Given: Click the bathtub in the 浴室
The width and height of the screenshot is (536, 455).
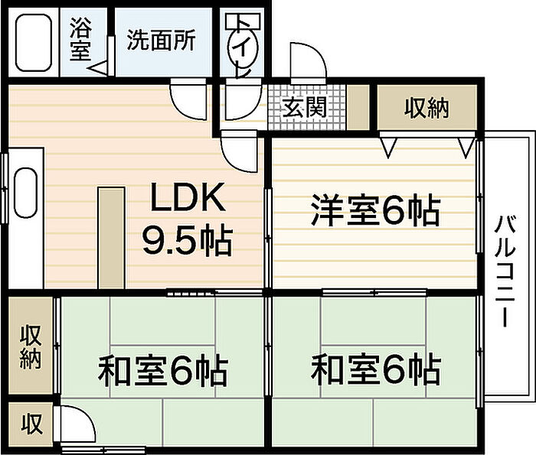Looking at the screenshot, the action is (x=34, y=43).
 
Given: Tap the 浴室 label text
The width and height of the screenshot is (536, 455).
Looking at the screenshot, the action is (x=80, y=38).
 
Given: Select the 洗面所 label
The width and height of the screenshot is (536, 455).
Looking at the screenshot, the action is (x=162, y=40).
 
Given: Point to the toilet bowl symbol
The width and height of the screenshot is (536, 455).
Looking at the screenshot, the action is (x=243, y=47).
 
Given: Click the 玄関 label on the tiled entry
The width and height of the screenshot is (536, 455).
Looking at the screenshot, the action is (x=304, y=107).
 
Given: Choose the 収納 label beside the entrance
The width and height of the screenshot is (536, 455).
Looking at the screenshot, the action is (x=427, y=108).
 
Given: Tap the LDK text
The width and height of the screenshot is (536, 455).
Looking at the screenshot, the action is (x=188, y=197).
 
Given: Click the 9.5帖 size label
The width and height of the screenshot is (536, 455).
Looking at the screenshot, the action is (x=188, y=241).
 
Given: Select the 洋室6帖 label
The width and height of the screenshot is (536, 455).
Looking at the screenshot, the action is (x=375, y=210).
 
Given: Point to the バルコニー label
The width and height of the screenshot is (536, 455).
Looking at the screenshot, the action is (x=505, y=271).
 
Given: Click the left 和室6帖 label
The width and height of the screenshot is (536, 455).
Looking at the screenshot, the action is (x=162, y=370).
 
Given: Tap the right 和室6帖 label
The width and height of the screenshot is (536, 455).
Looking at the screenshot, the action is (x=375, y=369).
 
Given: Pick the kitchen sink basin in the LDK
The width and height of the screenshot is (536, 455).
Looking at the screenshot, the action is (x=25, y=193).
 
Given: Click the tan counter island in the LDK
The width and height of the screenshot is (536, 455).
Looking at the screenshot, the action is (x=111, y=238).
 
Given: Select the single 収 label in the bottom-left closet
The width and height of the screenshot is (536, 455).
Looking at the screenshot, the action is (x=31, y=424).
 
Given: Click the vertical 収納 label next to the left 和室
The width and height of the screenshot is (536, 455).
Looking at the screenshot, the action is (x=31, y=347).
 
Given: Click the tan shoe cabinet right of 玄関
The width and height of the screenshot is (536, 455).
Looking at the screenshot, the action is (x=358, y=107).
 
